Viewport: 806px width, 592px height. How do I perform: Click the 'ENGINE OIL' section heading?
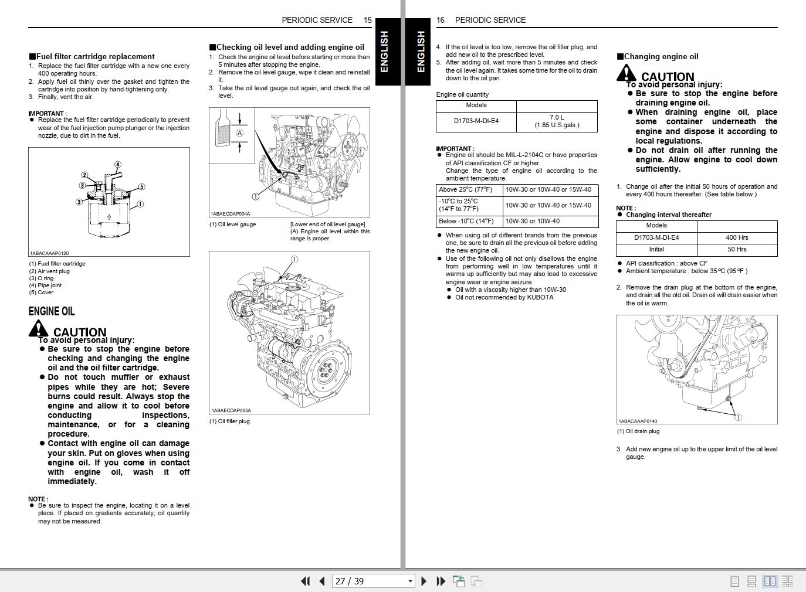[x=52, y=311]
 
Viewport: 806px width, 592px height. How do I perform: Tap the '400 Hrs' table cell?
[x=737, y=237]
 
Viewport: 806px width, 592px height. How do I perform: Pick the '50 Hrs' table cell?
[x=737, y=249]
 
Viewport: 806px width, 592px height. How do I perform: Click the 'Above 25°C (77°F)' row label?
[x=466, y=189]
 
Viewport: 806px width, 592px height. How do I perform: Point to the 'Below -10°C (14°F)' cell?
[x=466, y=221]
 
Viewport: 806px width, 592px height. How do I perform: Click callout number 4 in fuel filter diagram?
[x=118, y=165]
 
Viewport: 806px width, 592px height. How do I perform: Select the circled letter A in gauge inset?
[x=239, y=133]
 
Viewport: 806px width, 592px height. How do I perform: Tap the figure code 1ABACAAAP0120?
[x=49, y=253]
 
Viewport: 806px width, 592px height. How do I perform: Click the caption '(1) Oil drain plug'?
[x=638, y=431]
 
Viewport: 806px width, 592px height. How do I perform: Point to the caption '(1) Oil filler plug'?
[x=229, y=421]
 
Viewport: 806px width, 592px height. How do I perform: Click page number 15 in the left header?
[x=368, y=20]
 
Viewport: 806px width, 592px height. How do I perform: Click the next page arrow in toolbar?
[x=424, y=581]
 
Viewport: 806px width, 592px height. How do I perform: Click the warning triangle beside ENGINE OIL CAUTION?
[x=39, y=328]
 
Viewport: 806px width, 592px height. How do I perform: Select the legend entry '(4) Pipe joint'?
[x=45, y=285]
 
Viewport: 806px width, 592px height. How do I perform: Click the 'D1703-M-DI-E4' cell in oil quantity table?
[x=476, y=121]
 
